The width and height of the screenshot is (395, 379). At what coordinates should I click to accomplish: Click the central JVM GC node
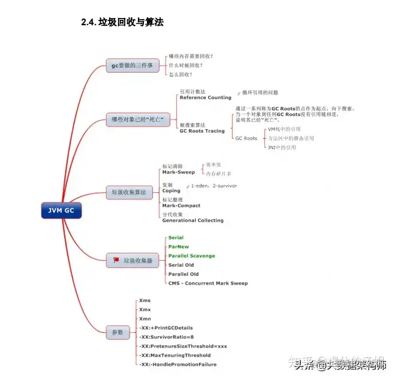(x=61, y=211)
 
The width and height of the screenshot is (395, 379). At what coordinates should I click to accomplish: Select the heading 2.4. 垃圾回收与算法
(x=122, y=23)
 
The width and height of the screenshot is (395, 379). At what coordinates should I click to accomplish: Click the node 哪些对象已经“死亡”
(x=137, y=120)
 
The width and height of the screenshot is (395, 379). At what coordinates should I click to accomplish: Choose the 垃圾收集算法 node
(x=128, y=192)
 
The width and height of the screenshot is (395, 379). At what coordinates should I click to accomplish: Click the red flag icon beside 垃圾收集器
(x=116, y=261)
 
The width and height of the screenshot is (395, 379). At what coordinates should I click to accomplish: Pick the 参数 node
(x=117, y=332)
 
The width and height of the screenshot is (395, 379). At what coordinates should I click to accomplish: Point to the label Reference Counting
(x=205, y=97)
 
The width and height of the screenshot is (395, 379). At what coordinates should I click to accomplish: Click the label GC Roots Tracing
(x=202, y=131)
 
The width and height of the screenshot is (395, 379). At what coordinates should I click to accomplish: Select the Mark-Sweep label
(x=178, y=172)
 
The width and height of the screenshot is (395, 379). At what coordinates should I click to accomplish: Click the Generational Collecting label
(x=192, y=220)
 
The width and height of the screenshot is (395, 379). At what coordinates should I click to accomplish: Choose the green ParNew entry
(x=179, y=247)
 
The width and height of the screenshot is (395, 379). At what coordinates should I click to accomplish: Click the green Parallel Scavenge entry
(x=191, y=256)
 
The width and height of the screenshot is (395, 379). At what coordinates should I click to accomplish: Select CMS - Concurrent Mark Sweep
(x=207, y=283)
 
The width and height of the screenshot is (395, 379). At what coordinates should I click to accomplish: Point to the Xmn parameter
(x=144, y=318)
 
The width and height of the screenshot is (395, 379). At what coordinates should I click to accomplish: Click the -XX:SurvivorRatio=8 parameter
(x=166, y=337)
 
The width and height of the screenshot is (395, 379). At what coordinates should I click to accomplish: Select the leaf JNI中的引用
(x=282, y=147)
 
